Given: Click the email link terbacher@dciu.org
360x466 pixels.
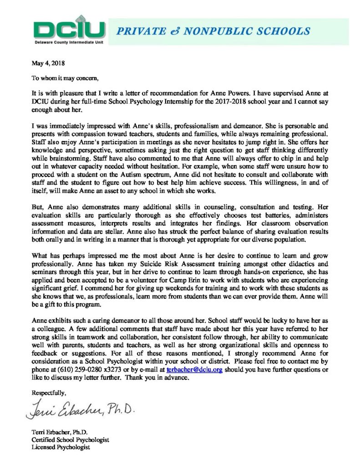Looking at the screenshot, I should tap(194, 370).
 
